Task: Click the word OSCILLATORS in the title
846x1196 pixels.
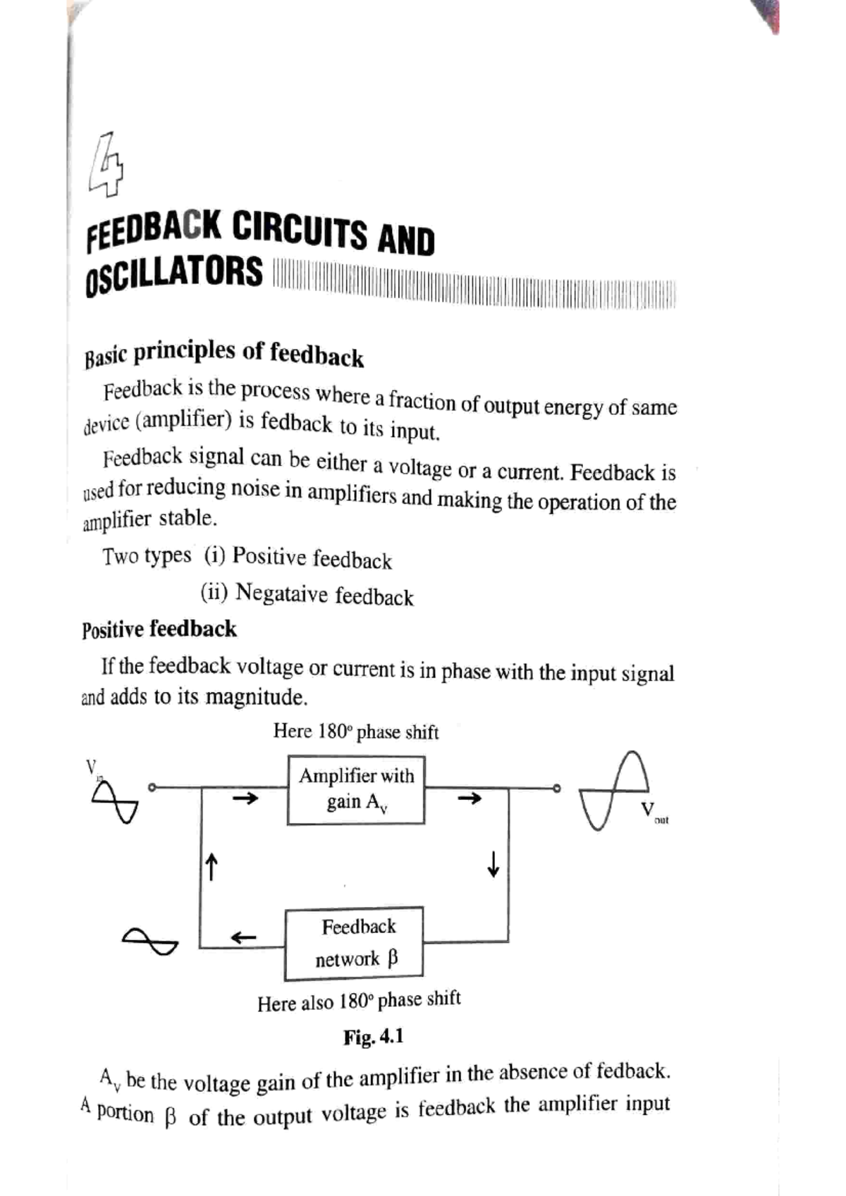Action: pyautogui.click(x=174, y=273)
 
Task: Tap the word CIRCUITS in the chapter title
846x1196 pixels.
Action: pyautogui.click(x=300, y=230)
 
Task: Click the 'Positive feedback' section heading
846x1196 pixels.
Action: pyautogui.click(x=159, y=629)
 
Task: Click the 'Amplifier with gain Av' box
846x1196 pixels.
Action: pyautogui.click(x=356, y=789)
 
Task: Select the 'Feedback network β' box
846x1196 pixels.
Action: pyautogui.click(x=354, y=943)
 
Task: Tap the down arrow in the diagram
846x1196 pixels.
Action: pyautogui.click(x=493, y=863)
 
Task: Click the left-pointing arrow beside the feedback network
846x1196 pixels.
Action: pyautogui.click(x=243, y=938)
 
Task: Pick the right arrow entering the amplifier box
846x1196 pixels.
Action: pyautogui.click(x=246, y=799)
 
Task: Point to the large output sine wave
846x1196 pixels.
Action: pyautogui.click(x=613, y=791)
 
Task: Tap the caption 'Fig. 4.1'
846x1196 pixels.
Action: pyautogui.click(x=373, y=1037)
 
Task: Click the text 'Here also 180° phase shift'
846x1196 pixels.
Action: pyautogui.click(x=359, y=1001)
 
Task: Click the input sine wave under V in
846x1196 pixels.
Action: pyautogui.click(x=114, y=803)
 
